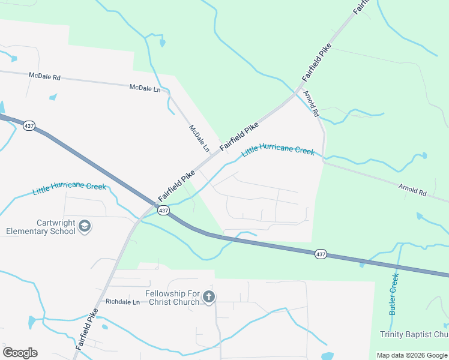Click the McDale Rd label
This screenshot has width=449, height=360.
[44, 76]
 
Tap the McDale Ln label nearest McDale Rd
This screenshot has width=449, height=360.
[145, 88]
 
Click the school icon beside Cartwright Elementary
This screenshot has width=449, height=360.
[85, 226]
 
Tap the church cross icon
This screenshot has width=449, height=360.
[208, 296]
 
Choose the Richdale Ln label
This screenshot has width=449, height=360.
[122, 302]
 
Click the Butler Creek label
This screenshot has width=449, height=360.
[394, 295]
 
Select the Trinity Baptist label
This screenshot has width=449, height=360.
[414, 334]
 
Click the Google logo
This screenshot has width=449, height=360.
[20, 353]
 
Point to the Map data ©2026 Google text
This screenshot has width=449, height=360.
[412, 355]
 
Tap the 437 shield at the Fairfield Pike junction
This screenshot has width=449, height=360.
[163, 211]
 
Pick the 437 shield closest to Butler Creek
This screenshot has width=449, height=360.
[321, 254]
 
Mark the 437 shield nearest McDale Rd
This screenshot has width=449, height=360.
[29, 126]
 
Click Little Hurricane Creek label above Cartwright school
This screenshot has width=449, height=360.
[69, 188]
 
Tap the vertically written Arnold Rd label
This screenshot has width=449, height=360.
[312, 104]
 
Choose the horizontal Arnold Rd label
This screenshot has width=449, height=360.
[412, 190]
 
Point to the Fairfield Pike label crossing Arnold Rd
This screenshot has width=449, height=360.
[316, 62]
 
